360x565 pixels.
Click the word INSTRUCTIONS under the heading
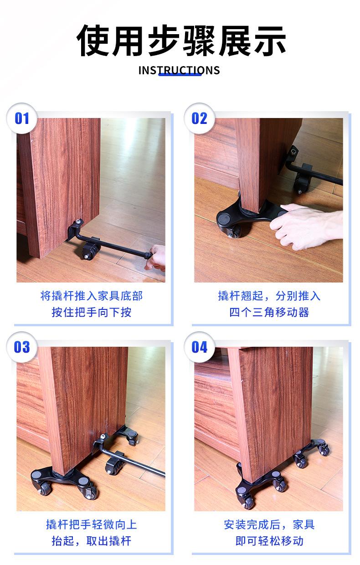(179, 70)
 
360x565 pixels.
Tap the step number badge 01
(21, 118)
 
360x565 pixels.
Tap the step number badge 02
(199, 118)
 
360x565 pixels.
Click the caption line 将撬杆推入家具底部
(91, 296)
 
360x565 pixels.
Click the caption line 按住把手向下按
(91, 313)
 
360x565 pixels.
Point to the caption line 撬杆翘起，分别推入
(269, 296)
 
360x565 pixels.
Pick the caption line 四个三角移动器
(269, 313)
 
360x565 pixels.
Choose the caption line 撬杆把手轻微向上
(91, 524)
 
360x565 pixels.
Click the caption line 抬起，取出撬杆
(91, 541)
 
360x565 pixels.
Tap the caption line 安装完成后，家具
(269, 524)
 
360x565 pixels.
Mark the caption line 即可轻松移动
(269, 541)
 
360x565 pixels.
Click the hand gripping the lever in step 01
(156, 258)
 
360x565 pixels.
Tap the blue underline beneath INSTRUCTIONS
(180, 74)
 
